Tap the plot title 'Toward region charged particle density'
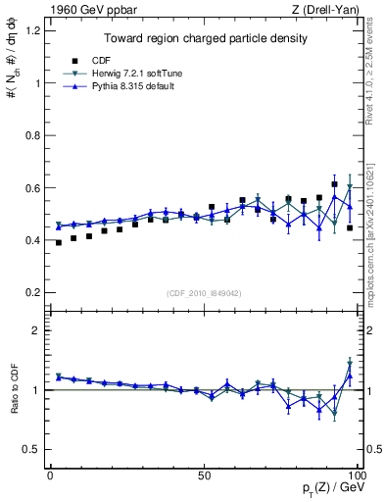(203, 38)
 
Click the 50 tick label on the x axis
(204, 474)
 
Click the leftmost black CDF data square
(59, 242)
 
